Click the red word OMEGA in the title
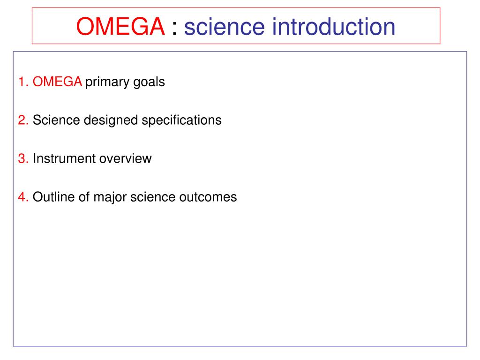point(120,26)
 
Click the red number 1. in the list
point(23,82)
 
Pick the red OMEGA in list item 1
point(57,82)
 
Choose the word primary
point(107,82)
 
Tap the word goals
point(149,82)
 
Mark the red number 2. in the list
point(23,120)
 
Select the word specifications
point(181,120)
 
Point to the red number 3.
point(23,158)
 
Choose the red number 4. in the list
point(23,197)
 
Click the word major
point(110,198)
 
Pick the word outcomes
point(208,197)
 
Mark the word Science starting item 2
point(56,120)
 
